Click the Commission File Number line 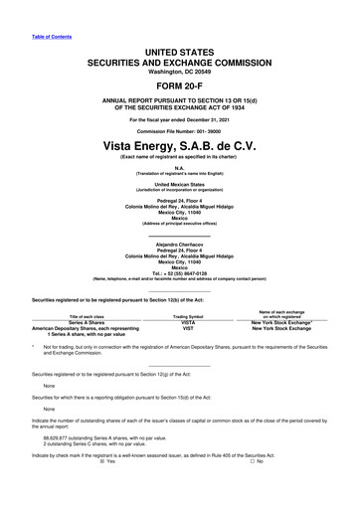pos(180,131)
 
